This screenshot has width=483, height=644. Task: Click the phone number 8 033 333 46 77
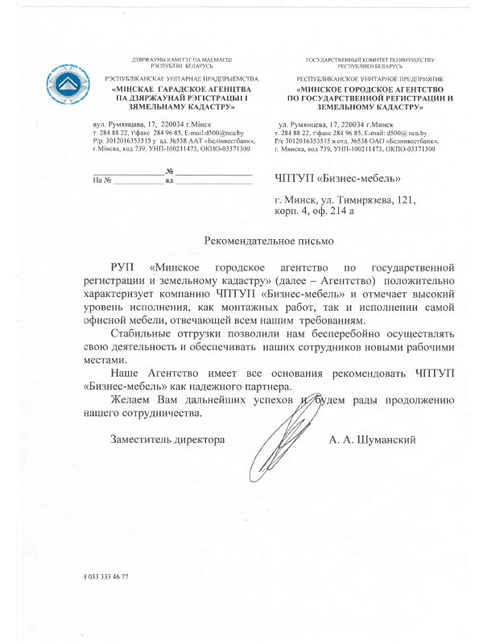point(105,577)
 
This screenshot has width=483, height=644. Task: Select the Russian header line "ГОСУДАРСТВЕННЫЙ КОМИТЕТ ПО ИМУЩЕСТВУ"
point(370,61)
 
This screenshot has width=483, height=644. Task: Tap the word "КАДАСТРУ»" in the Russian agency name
point(398,105)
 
